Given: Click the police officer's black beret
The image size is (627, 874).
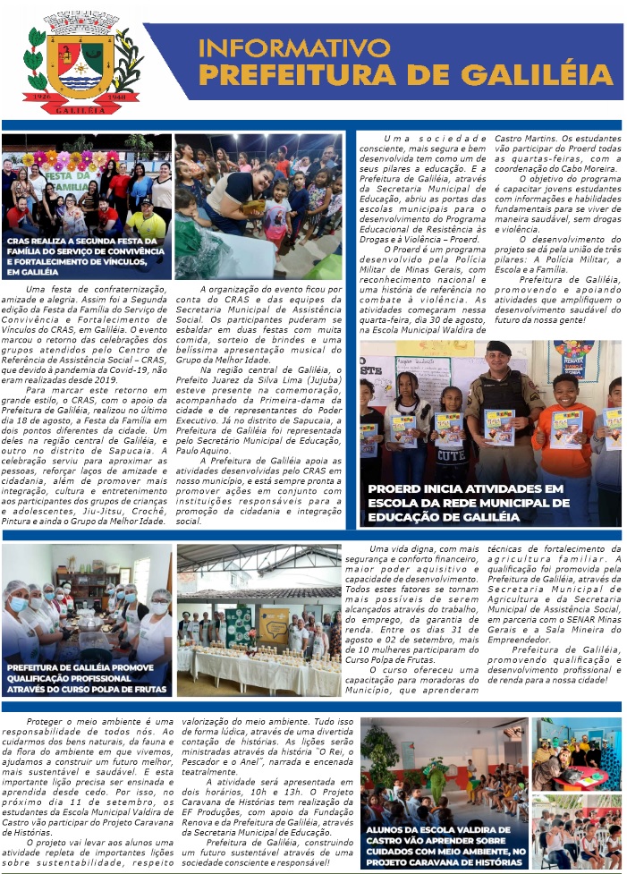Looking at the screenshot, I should point(498,348).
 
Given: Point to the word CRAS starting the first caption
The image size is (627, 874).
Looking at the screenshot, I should point(21,241).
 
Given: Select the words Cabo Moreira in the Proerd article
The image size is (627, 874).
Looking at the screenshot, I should point(588,166).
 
